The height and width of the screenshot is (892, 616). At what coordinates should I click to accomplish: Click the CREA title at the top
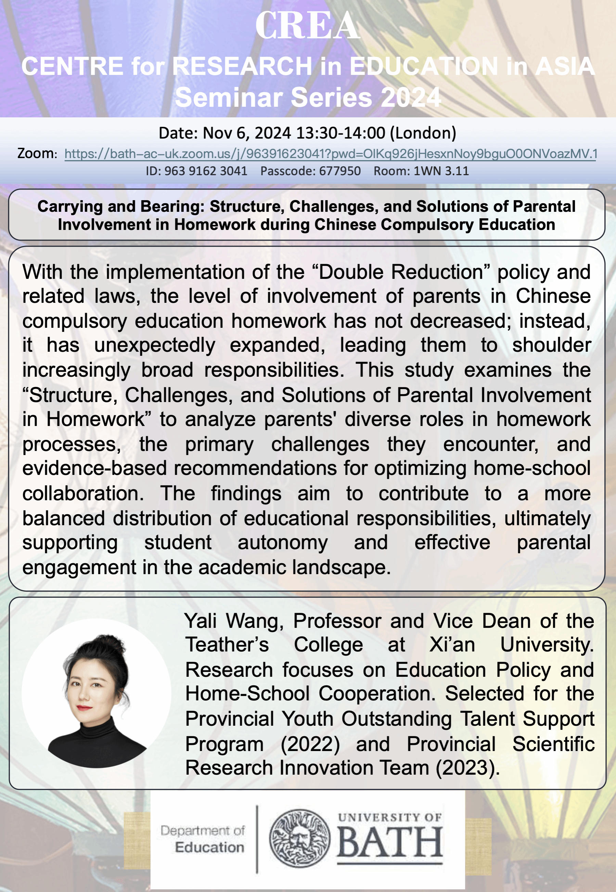tap(308, 26)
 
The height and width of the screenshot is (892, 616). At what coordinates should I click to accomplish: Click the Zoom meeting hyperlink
tap(331, 154)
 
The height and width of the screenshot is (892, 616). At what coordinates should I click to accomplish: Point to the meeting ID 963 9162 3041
tap(206, 171)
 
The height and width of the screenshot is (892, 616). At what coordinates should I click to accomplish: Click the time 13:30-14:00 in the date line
tap(341, 133)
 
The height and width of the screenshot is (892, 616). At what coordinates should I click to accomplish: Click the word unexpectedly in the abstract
tap(155, 345)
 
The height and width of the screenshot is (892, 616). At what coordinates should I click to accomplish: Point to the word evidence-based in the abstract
tap(94, 468)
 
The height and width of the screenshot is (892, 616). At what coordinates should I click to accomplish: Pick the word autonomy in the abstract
tap(283, 542)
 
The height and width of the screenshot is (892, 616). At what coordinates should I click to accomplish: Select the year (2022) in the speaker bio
tap(310, 744)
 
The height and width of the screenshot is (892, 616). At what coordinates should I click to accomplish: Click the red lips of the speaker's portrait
tap(84, 708)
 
